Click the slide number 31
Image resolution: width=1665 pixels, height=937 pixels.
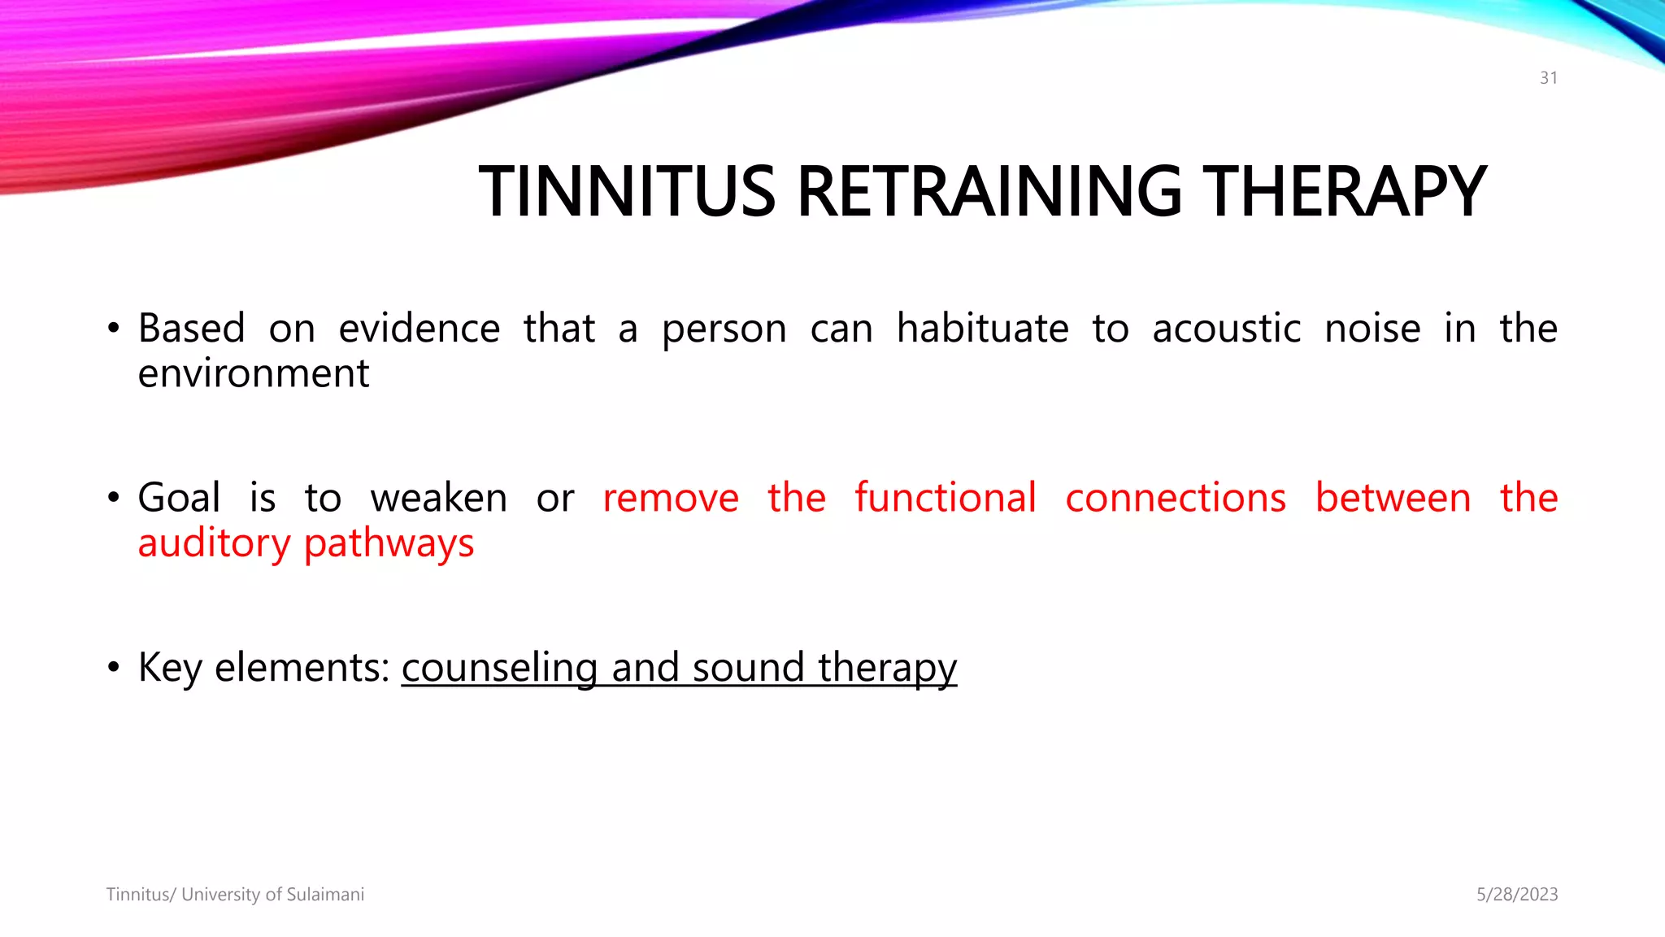pyautogui.click(x=1548, y=78)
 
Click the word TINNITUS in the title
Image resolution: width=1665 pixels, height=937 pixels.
pyautogui.click(x=627, y=192)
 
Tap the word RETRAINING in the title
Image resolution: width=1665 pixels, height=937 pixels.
pyautogui.click(x=989, y=192)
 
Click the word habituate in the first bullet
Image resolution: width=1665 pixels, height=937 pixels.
pyautogui.click(x=982, y=329)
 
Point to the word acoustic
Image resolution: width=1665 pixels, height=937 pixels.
pyautogui.click(x=1226, y=329)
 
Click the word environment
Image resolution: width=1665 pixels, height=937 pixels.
pyautogui.click(x=254, y=374)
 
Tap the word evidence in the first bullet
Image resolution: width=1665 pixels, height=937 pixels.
pyautogui.click(x=419, y=329)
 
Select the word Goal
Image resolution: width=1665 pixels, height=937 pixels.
pyautogui.click(x=179, y=498)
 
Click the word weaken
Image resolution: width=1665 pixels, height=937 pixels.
pyautogui.click(x=439, y=498)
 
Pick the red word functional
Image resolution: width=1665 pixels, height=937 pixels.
pyautogui.click(x=946, y=498)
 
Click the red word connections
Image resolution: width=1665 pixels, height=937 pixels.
pyautogui.click(x=1176, y=498)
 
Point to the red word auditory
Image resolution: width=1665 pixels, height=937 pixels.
pyautogui.click(x=214, y=544)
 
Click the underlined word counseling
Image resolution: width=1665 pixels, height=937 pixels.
pyautogui.click(x=499, y=668)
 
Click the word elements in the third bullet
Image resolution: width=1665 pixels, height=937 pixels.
pyautogui.click(x=302, y=668)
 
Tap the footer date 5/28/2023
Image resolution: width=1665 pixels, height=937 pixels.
pyautogui.click(x=1517, y=895)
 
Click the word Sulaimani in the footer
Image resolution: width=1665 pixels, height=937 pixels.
pyautogui.click(x=325, y=895)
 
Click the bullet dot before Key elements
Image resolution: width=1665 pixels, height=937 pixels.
pyautogui.click(x=114, y=669)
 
